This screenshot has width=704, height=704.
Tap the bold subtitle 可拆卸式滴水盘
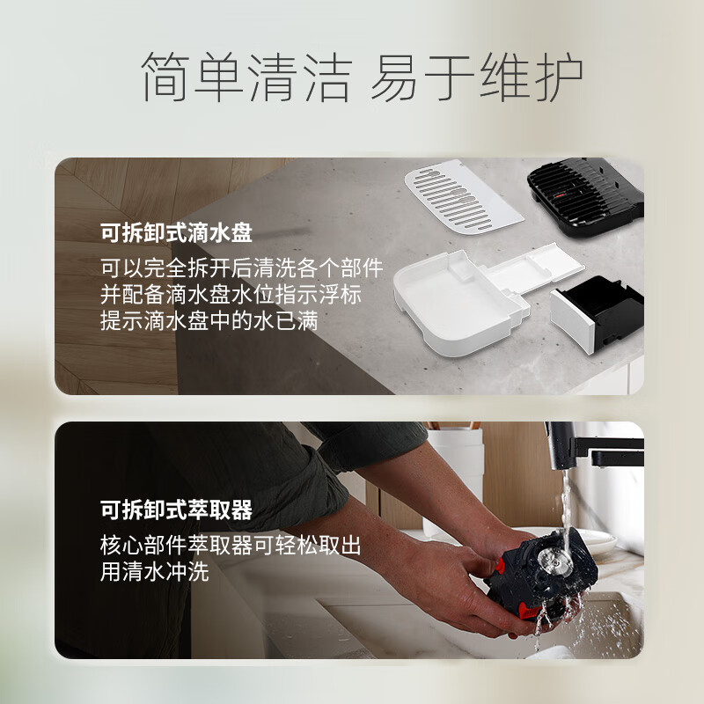coord(176,233)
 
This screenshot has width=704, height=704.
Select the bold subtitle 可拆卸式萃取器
coord(176,510)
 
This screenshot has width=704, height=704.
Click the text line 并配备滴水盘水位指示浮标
coord(231,295)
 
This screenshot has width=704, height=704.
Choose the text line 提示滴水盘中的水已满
coord(209,320)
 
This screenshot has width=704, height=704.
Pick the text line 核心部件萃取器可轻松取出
coord(231,546)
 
